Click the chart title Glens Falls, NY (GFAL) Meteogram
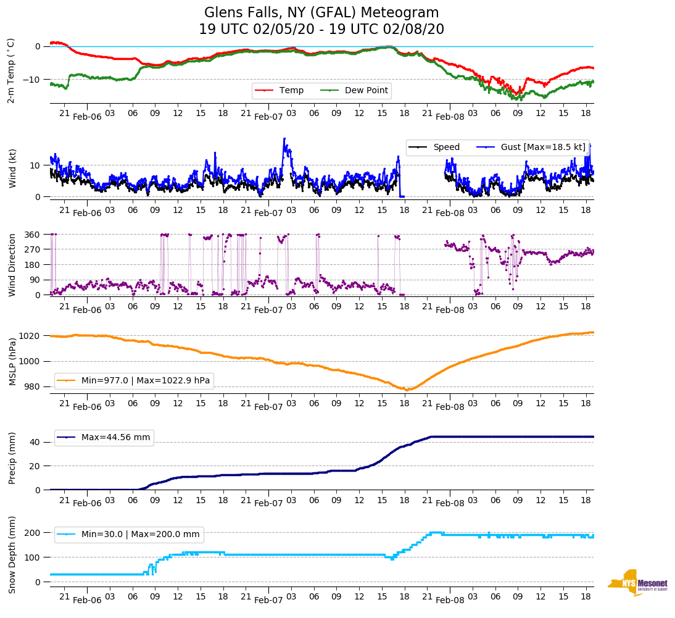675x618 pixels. coord(321,13)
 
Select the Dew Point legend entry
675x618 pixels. coord(366,91)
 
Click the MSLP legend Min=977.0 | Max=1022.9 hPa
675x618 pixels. coord(145,381)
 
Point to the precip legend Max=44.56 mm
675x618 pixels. coord(115,438)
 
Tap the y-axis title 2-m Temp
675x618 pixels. coord(11,70)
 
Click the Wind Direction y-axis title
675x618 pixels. coord(11,265)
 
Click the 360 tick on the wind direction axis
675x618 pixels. coord(33,235)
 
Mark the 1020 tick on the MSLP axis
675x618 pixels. coord(30,336)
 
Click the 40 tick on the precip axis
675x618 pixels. coord(35,443)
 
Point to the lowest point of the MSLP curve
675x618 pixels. coord(407,390)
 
